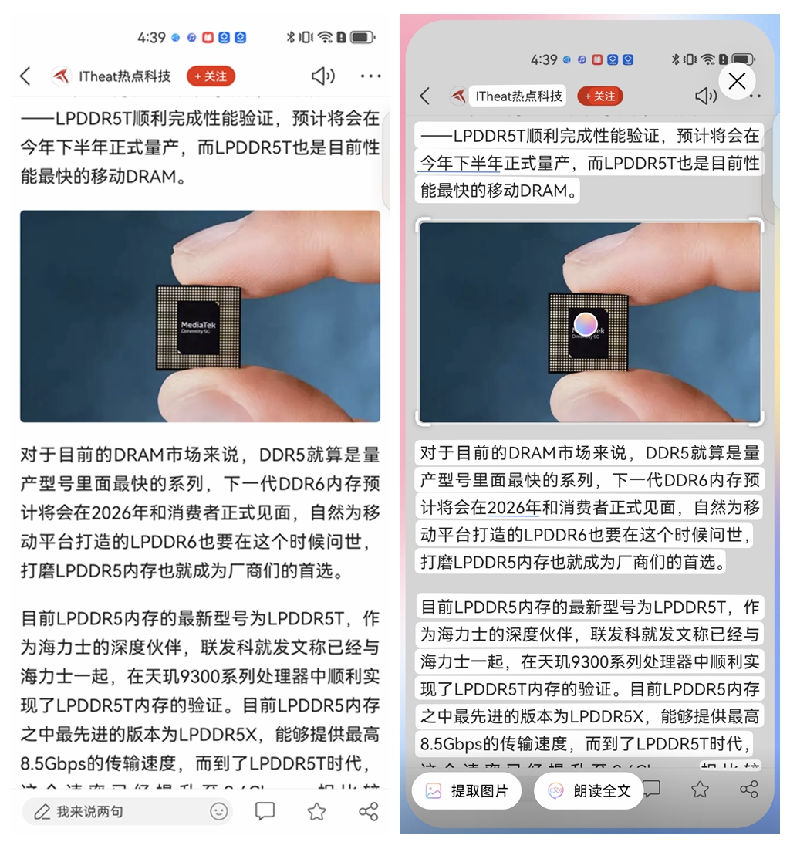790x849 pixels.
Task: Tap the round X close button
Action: (x=737, y=80)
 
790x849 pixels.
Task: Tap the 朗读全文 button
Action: (x=589, y=790)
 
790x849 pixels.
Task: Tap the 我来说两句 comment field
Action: (x=89, y=811)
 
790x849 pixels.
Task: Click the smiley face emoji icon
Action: (x=219, y=811)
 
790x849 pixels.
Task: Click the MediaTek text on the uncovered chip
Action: (x=198, y=326)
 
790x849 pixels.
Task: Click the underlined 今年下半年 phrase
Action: (x=461, y=164)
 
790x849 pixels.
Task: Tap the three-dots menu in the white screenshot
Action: (x=370, y=76)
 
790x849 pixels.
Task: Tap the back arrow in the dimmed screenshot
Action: (x=424, y=96)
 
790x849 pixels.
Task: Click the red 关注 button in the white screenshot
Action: (x=211, y=76)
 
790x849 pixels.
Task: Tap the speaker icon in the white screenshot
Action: (x=322, y=76)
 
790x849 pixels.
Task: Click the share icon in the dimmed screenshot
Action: (x=748, y=789)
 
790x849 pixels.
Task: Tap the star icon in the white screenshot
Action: (x=316, y=811)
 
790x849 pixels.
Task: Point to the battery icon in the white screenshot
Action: (x=362, y=37)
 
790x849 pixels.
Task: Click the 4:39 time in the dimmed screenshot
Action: (x=543, y=59)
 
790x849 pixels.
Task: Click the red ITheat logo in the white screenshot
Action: (x=61, y=76)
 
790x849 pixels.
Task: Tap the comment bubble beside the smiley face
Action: (x=265, y=811)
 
